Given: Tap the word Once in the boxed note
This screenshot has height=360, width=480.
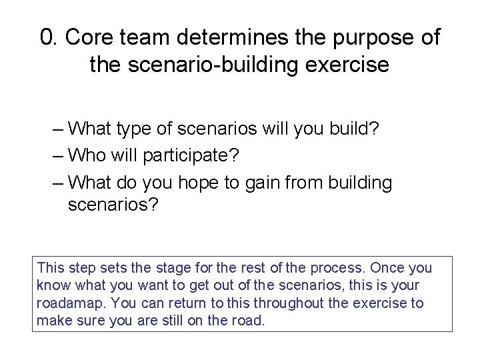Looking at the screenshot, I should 387,268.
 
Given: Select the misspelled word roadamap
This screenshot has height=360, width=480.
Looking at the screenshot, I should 69,303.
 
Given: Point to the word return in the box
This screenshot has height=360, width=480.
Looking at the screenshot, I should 193,303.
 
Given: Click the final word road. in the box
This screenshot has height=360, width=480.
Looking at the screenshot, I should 249,320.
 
